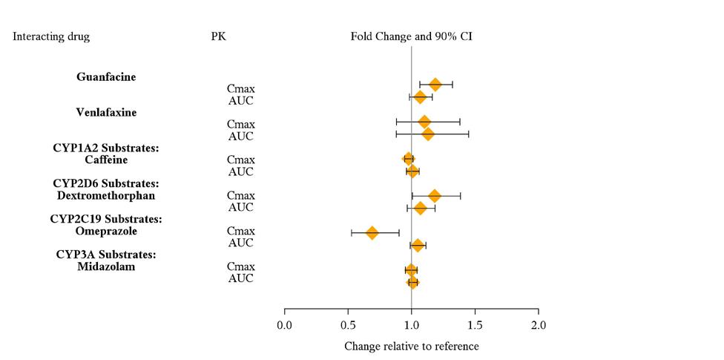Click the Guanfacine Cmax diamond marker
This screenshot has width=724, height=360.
[435, 85]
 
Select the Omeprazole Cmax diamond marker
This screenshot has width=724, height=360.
[372, 233]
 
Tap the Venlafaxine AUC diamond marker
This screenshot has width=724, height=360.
[427, 134]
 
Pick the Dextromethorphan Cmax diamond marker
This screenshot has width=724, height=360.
[435, 196]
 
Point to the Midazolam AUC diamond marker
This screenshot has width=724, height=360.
[412, 282]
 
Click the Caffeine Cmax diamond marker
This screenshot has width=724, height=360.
[408, 159]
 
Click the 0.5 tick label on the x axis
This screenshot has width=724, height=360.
[348, 325]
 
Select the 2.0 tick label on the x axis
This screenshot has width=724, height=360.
[539, 325]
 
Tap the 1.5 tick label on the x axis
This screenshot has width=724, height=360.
[475, 325]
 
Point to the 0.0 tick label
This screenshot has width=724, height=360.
[284, 325]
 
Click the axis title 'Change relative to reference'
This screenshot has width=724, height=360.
[412, 347]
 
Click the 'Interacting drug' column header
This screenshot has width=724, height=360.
[51, 36]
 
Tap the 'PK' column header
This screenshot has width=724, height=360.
[219, 36]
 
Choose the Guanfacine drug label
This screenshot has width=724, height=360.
[106, 76]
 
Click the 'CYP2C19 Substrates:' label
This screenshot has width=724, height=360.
[106, 219]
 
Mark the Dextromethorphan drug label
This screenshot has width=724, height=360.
[106, 195]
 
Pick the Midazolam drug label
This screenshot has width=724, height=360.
[106, 266]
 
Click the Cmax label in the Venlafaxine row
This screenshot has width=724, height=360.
[241, 124]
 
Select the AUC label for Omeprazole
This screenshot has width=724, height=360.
[241, 243]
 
